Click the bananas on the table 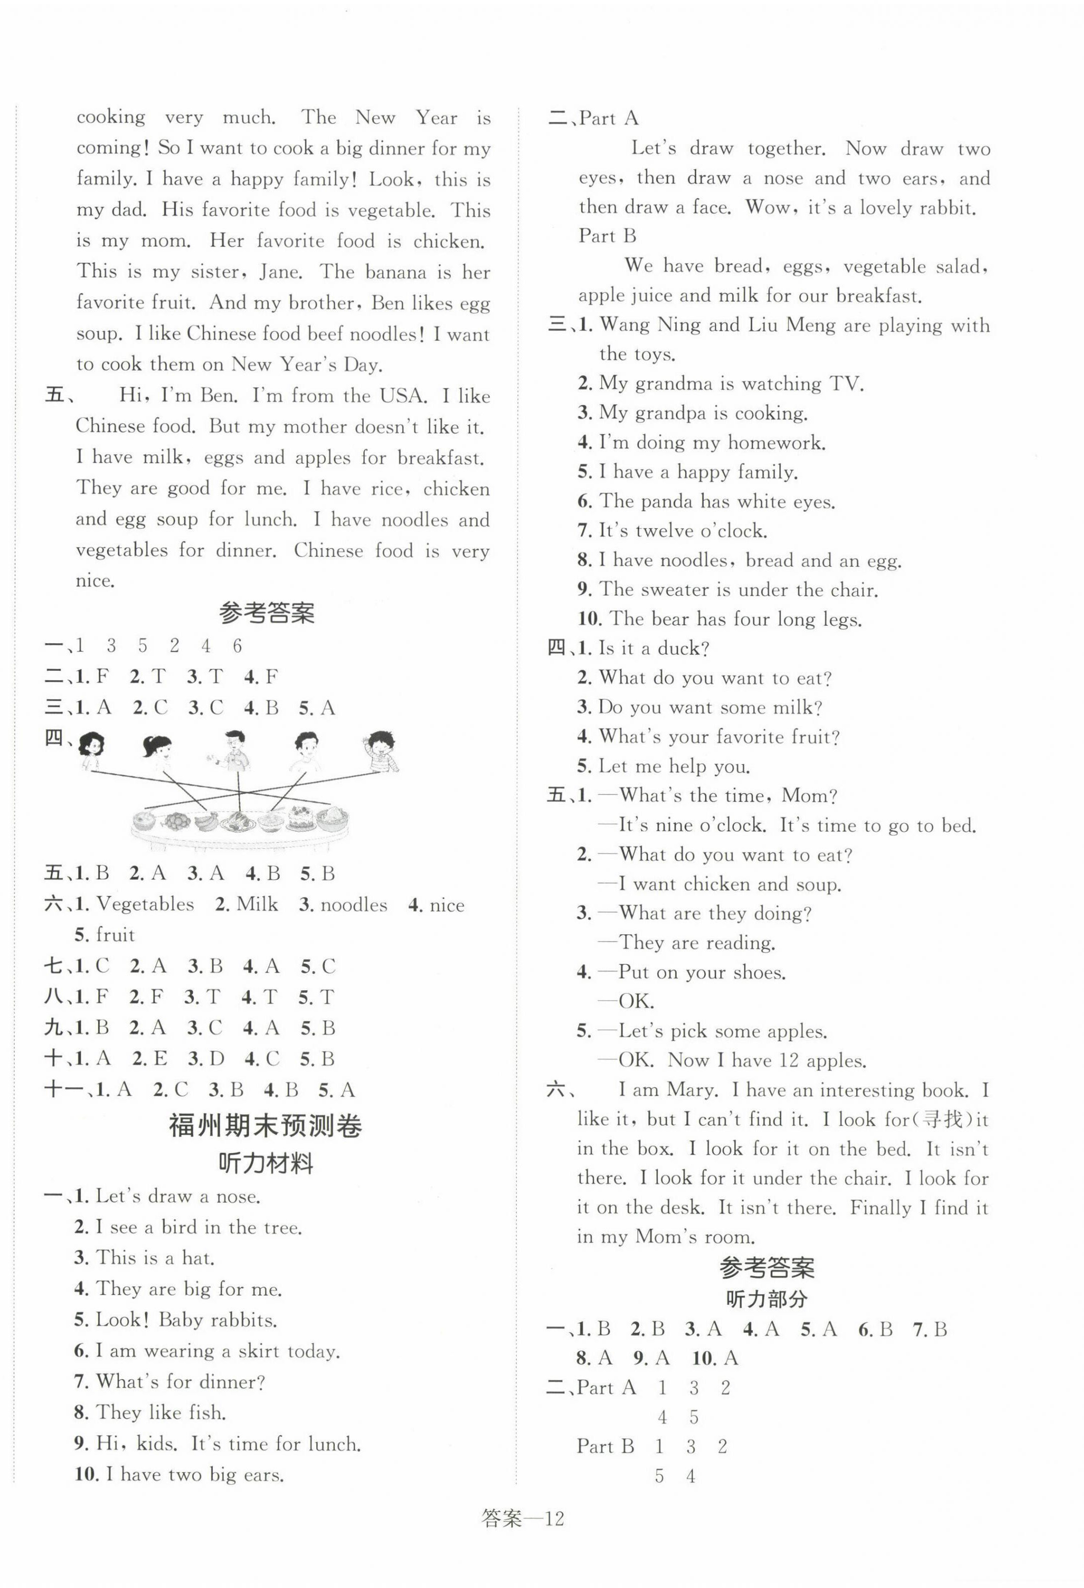(x=206, y=819)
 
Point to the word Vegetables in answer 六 (x=145, y=905)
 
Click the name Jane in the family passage (x=280, y=272)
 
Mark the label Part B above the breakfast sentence (x=607, y=236)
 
